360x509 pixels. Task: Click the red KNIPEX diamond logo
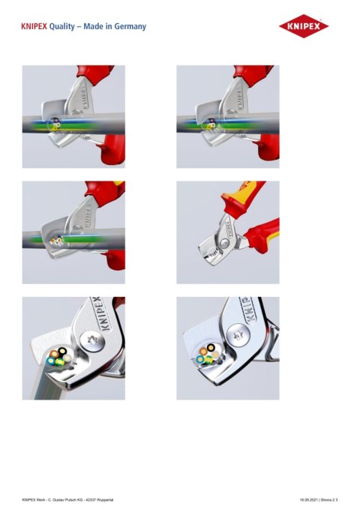[304, 26]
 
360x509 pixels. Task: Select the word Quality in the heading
[61, 27]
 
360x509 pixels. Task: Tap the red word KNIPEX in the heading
[34, 26]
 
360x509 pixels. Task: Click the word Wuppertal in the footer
[105, 500]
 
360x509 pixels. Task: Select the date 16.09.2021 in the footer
[307, 500]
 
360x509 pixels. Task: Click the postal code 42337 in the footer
[91, 500]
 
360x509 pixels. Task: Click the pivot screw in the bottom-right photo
[238, 335]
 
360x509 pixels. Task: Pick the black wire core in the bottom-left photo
[62, 351]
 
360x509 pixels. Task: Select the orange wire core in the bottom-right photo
[204, 351]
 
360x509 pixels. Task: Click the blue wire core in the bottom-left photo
[51, 360]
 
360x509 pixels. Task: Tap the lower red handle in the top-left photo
[112, 151]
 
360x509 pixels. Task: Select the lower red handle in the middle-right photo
[262, 236]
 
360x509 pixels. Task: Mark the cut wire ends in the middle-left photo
[56, 241]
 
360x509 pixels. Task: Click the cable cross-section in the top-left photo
[54, 124]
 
